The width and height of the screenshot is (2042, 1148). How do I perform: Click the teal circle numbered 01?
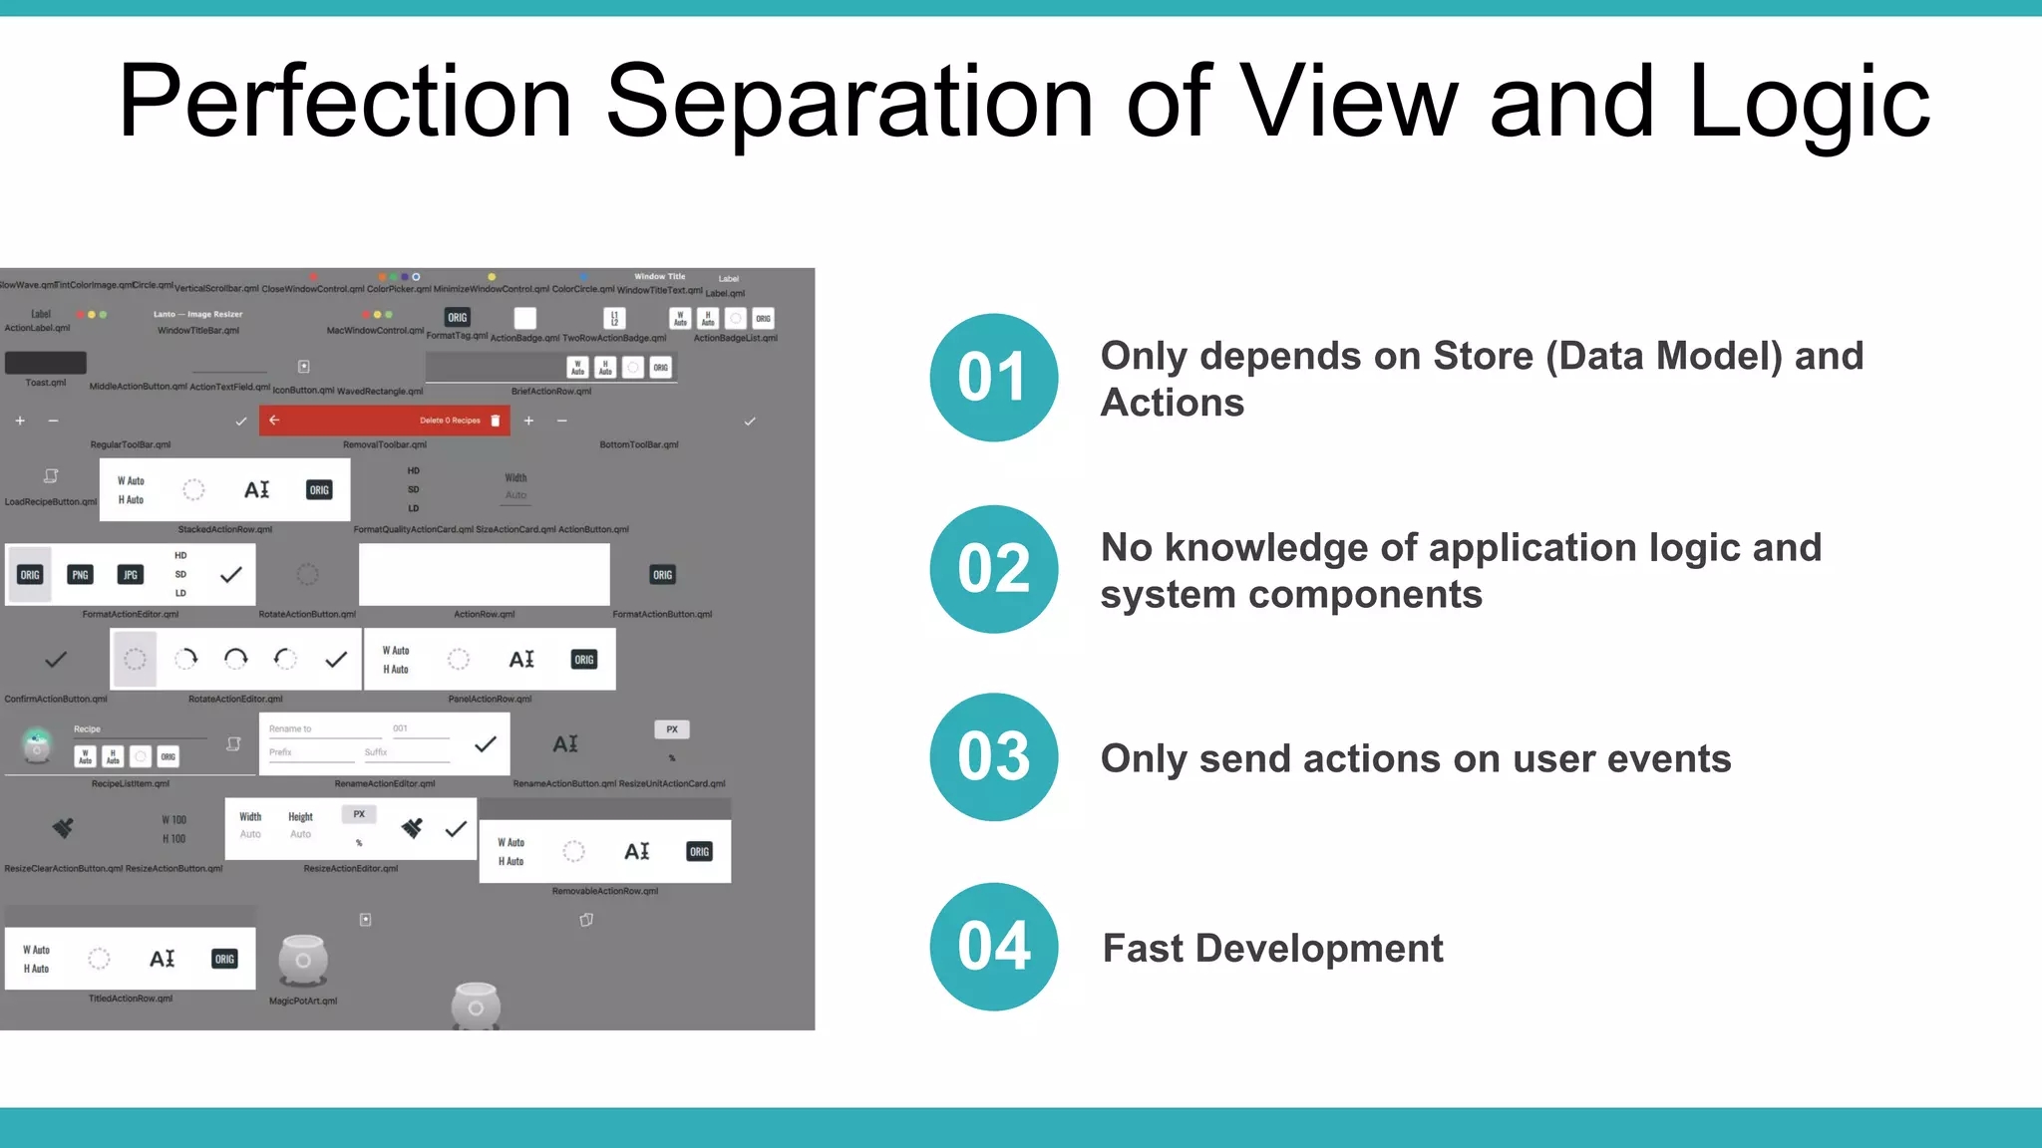click(993, 378)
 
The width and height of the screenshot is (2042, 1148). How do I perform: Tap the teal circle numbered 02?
click(993, 569)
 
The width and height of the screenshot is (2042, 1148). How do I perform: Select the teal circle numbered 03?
click(993, 757)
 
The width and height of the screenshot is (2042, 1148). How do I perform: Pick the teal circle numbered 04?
click(993, 947)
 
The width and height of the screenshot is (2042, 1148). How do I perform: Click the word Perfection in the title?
click(345, 102)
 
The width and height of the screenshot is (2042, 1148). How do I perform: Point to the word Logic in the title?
click(1809, 102)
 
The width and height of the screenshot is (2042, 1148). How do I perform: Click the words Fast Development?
click(1272, 949)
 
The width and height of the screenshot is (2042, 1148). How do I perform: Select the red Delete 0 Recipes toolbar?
click(385, 421)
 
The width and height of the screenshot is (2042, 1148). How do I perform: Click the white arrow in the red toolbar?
click(274, 421)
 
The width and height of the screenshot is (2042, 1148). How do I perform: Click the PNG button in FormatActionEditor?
click(80, 575)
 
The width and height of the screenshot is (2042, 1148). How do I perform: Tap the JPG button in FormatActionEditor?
click(131, 575)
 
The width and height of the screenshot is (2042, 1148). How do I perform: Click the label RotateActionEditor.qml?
click(235, 699)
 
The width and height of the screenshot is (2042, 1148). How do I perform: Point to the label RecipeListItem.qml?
click(131, 783)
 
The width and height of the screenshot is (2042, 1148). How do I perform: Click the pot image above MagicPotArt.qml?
click(303, 959)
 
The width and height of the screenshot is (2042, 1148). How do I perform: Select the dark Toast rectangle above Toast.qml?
click(46, 363)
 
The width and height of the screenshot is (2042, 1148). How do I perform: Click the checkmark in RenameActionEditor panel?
click(486, 744)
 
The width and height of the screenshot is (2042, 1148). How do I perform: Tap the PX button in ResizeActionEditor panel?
click(359, 814)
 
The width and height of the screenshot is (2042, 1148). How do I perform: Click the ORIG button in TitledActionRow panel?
click(224, 959)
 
